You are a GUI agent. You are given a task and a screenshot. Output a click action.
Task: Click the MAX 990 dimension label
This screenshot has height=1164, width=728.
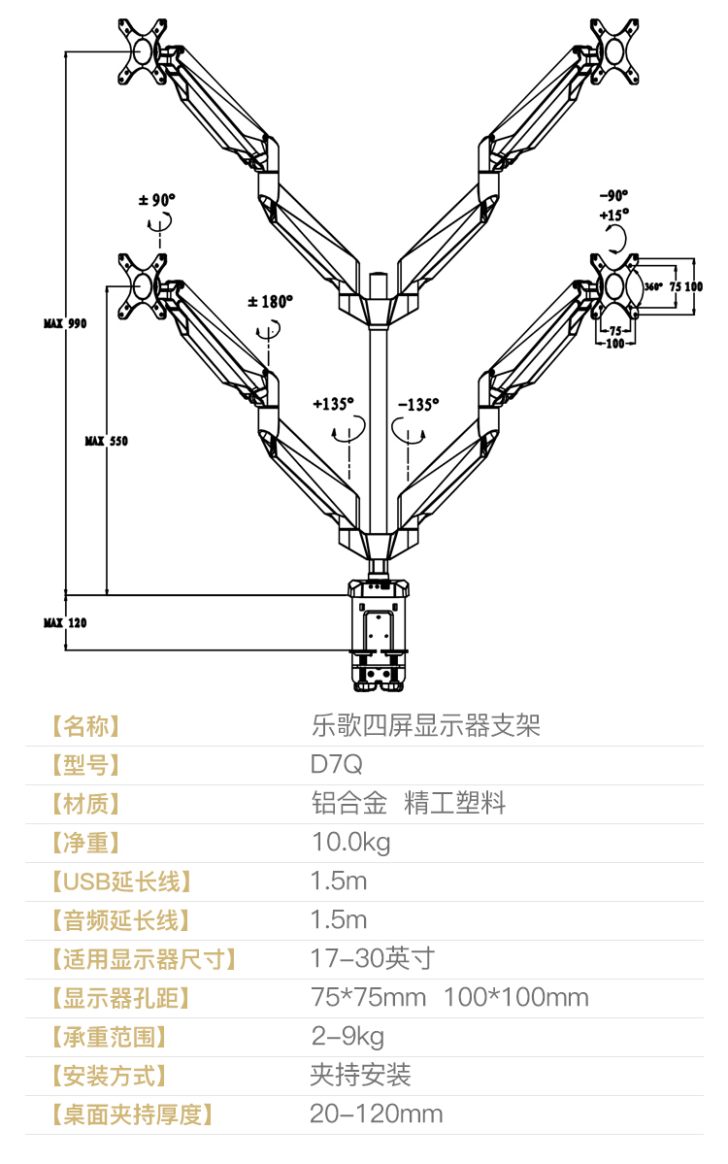[65, 323]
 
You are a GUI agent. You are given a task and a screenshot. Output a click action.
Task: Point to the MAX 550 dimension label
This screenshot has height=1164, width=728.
[106, 441]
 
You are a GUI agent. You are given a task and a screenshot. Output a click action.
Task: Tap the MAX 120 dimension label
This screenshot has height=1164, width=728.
[65, 623]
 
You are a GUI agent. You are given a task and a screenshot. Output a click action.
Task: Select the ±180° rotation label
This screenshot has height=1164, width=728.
[270, 301]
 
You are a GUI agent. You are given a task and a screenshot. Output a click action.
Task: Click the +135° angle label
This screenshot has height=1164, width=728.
[333, 404]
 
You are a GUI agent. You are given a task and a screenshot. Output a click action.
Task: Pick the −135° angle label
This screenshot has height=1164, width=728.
[418, 405]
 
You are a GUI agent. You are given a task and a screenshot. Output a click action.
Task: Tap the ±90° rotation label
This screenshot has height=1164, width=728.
[157, 200]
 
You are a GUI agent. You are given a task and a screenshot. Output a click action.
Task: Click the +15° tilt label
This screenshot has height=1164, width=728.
[613, 215]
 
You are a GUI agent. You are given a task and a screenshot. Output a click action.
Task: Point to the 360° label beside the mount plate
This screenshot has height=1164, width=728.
[653, 286]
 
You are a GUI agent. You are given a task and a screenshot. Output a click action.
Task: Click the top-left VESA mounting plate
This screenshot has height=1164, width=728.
[142, 52]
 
